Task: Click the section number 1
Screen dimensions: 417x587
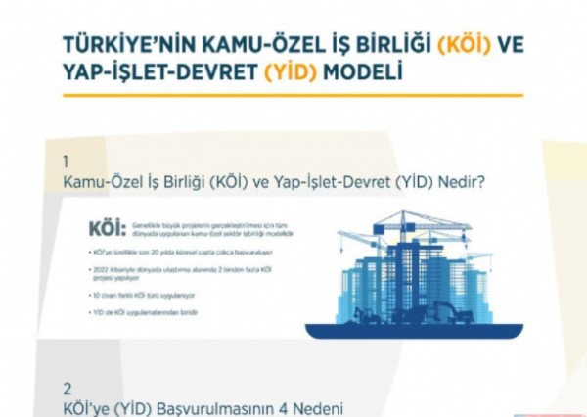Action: coord(66,161)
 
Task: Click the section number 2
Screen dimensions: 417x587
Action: coord(67,387)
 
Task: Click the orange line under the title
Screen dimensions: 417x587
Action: coord(293,95)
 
